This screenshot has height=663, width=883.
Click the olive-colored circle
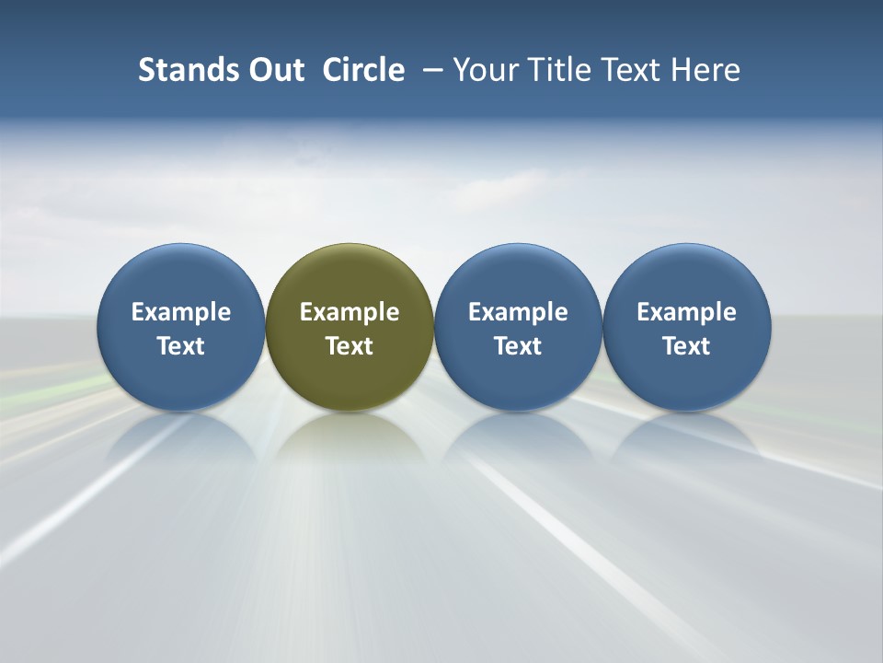click(x=350, y=276)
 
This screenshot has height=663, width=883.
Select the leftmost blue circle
click(x=180, y=276)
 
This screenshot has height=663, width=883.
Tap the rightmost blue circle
click(x=686, y=276)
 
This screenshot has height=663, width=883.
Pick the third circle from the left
click(x=518, y=276)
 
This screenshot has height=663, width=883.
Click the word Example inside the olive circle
click(x=350, y=312)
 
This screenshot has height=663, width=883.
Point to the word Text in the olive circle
click(x=350, y=346)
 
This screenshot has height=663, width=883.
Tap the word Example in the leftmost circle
click(x=180, y=312)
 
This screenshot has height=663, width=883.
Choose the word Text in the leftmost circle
click(x=180, y=346)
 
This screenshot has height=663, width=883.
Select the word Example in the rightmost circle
click(x=686, y=312)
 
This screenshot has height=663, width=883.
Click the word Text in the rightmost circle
click(x=686, y=346)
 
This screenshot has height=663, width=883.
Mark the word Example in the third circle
click(x=518, y=312)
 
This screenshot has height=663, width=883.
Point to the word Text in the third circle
click(x=518, y=346)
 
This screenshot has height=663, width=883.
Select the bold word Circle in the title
click(x=363, y=70)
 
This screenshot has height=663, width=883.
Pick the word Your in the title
click(x=485, y=70)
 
